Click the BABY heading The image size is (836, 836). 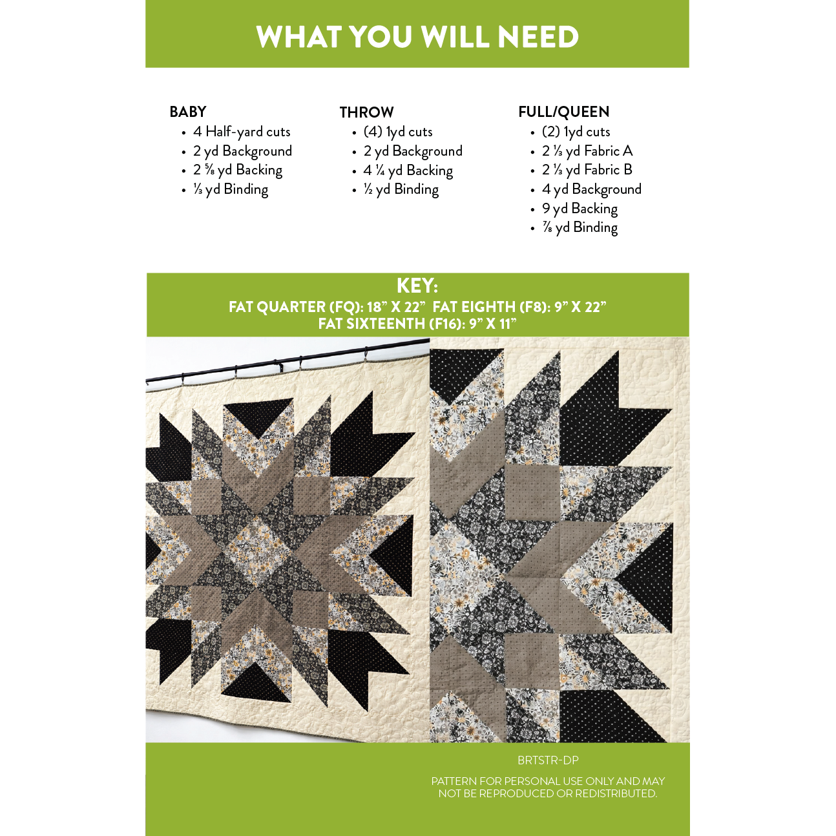[188, 112]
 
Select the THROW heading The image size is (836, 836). [366, 112]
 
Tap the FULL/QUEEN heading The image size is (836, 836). [563, 112]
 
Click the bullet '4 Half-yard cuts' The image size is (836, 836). [242, 131]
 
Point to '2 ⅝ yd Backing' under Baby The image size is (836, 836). [238, 170]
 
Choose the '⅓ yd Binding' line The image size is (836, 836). [231, 189]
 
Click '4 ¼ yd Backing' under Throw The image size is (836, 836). [408, 171]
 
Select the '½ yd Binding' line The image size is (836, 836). [401, 189]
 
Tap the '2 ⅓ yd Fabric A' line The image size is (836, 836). [587, 151]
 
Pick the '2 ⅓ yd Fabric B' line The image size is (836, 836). [587, 170]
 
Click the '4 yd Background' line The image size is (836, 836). [592, 189]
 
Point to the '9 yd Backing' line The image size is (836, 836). [580, 209]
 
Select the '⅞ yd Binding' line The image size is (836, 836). [580, 227]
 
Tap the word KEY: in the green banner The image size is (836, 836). [417, 286]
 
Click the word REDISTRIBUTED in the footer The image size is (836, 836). [616, 793]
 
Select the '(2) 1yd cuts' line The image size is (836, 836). [576, 131]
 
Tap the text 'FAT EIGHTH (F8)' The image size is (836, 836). [492, 307]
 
